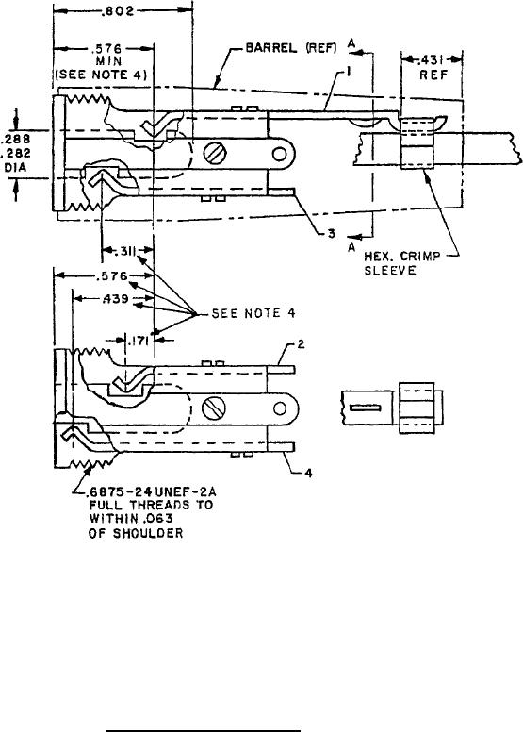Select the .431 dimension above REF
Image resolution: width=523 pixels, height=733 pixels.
433,60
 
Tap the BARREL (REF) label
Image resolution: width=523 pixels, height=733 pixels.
291,48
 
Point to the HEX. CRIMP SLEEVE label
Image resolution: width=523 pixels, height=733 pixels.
402,263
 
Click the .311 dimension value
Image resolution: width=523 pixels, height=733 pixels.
123,252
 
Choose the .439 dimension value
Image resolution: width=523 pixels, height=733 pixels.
115,298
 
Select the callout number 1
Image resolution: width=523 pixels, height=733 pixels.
349,71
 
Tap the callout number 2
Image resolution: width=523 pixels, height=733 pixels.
302,344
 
